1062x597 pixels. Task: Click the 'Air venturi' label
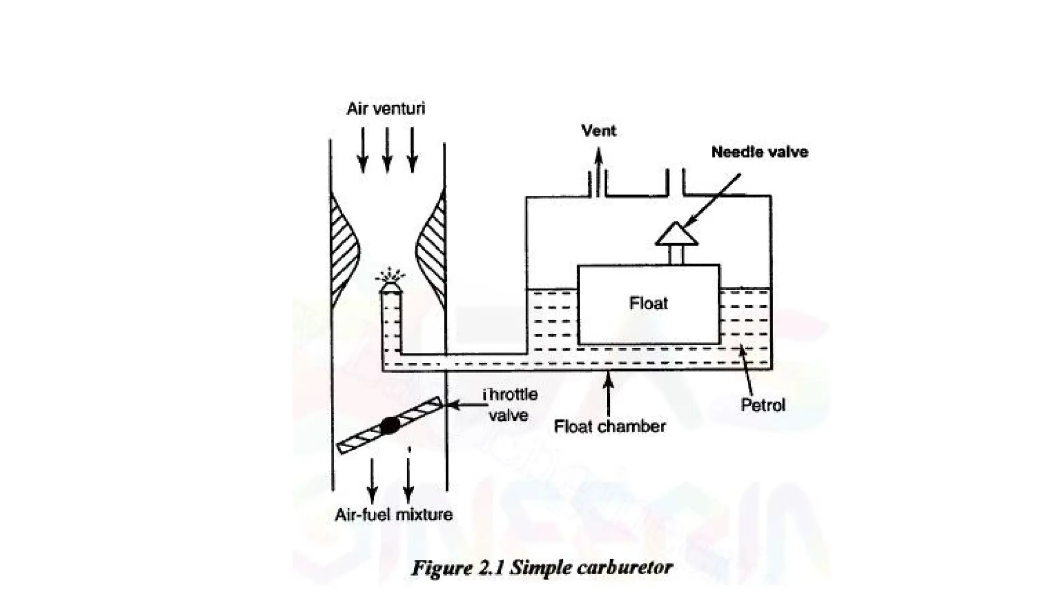click(386, 109)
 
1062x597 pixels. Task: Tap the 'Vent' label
click(599, 131)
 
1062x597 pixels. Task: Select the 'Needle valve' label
click(759, 152)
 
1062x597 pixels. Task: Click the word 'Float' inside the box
click(648, 303)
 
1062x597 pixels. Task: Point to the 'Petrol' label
click(763, 405)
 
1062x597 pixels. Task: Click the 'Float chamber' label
click(609, 427)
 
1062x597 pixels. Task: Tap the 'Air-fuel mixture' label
click(394, 515)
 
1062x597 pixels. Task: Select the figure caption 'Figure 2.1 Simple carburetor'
click(542, 568)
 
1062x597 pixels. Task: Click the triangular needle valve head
click(676, 234)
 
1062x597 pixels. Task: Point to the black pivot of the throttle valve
click(390, 425)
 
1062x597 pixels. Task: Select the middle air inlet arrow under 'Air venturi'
click(387, 150)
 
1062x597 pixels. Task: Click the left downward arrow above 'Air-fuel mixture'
click(372, 479)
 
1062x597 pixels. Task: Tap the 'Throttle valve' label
click(509, 405)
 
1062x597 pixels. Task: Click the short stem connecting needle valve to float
click(676, 255)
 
